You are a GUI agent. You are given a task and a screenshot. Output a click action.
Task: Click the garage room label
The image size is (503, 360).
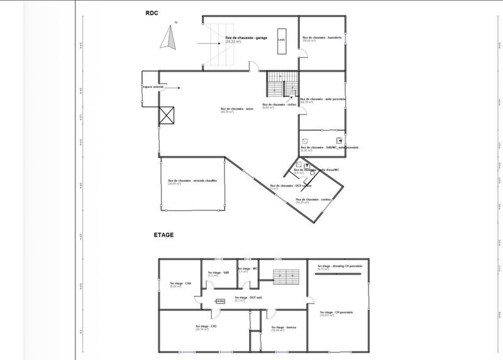tap(246, 38)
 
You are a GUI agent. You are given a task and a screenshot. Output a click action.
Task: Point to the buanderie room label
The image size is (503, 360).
tap(322, 38)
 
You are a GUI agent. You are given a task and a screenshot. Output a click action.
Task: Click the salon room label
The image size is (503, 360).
tap(236, 109)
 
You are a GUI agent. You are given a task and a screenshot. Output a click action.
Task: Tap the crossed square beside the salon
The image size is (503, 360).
tap(167, 115)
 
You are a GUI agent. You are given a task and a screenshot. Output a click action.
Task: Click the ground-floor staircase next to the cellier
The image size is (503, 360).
tap(280, 84)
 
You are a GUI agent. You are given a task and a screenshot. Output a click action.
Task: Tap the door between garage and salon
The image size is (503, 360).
tap(253, 65)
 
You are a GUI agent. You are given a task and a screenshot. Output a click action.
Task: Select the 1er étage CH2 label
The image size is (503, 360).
tap(180, 285)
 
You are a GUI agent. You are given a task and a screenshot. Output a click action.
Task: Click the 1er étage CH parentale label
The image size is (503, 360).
tap(334, 313)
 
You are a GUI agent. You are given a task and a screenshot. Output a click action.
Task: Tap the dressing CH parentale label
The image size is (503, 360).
tap(340, 266)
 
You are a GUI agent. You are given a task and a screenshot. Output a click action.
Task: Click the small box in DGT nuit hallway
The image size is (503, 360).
tap(219, 301)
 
